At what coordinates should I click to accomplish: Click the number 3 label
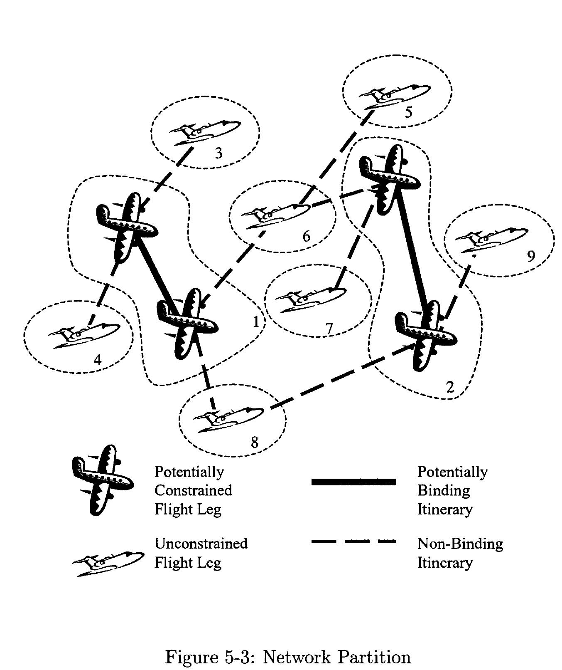click(x=218, y=153)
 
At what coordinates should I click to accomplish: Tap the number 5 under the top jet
click(x=409, y=112)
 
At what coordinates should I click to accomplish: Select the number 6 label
click(x=306, y=236)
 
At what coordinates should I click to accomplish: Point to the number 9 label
click(x=531, y=256)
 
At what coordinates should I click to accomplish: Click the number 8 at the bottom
click(x=254, y=442)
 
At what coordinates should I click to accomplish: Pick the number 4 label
click(x=98, y=359)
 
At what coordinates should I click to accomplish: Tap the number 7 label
click(x=329, y=329)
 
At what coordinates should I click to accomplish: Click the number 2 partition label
click(x=450, y=387)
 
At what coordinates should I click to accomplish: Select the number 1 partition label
click(x=256, y=321)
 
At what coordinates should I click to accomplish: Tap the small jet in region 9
click(x=491, y=239)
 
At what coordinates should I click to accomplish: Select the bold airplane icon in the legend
click(x=102, y=480)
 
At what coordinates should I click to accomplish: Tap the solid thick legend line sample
click(x=353, y=482)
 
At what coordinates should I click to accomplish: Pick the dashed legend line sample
click(x=353, y=541)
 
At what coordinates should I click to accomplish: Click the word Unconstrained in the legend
click(x=201, y=543)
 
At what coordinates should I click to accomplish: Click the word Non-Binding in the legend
click(x=460, y=543)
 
